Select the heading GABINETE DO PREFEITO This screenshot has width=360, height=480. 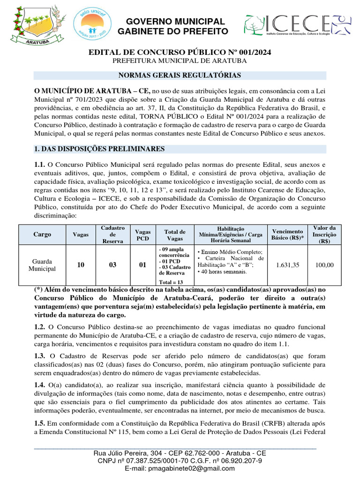pyautogui.click(x=173, y=31)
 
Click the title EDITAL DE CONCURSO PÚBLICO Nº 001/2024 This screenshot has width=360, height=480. pyautogui.click(x=180, y=52)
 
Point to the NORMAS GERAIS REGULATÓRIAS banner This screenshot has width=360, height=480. pyautogui.click(x=180, y=75)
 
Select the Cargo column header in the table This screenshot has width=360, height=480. pyautogui.click(x=43, y=234)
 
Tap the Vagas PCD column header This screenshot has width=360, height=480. pyautogui.click(x=142, y=234)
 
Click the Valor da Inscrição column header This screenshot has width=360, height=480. pyautogui.click(x=324, y=234)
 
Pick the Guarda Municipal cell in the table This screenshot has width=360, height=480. pyautogui.click(x=42, y=265)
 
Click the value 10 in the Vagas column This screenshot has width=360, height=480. pyautogui.click(x=81, y=265)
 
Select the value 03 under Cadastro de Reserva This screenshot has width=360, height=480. pyautogui.click(x=112, y=265)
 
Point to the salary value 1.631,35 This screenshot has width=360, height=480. pyautogui.click(x=287, y=265)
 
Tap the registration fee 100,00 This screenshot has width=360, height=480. pyautogui.click(x=324, y=265)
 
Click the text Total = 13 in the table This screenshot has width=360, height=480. pyautogui.click(x=172, y=282)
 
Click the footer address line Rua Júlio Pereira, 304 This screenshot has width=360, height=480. pyautogui.click(x=180, y=453)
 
